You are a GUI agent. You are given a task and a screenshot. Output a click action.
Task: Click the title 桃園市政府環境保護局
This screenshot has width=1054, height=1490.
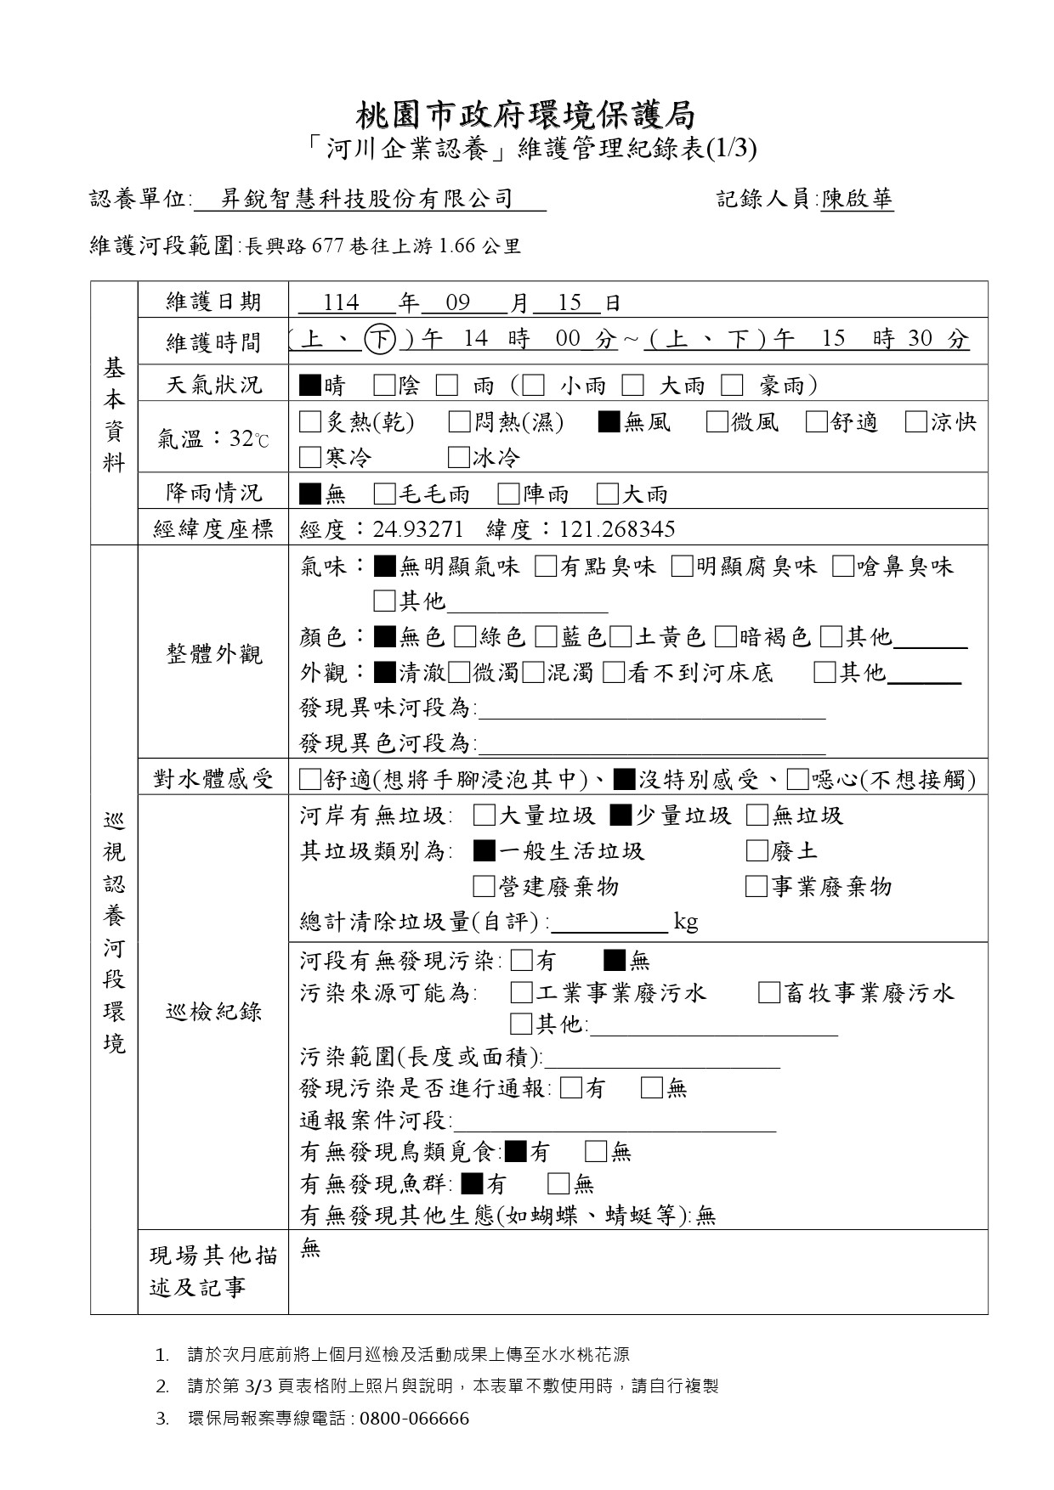tap(526, 115)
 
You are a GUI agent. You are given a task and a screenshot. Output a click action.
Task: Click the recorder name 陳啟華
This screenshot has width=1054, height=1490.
tap(857, 200)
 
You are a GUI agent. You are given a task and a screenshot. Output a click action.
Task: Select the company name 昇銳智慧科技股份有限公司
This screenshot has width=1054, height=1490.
tap(367, 200)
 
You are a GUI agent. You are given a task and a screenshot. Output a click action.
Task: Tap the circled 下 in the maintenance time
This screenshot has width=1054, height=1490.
tap(379, 340)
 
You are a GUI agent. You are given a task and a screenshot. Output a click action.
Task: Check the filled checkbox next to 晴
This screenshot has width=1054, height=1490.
tap(309, 386)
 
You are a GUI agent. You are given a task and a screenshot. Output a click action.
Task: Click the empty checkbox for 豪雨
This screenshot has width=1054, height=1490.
tap(732, 386)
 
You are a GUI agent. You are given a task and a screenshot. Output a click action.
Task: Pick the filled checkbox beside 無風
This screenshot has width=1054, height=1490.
tap(609, 422)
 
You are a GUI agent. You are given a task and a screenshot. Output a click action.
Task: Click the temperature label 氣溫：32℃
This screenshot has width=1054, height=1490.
tap(213, 439)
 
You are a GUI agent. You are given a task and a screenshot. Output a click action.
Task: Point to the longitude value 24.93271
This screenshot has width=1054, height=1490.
tap(418, 530)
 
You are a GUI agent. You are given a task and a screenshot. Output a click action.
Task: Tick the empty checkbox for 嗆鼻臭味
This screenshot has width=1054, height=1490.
tap(842, 567)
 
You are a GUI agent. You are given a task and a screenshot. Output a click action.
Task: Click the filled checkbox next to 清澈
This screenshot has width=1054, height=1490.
tap(384, 674)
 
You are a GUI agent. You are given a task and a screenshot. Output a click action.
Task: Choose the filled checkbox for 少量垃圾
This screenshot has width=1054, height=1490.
tap(620, 816)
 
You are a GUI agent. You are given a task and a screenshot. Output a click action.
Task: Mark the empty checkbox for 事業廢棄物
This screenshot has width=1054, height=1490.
tap(756, 887)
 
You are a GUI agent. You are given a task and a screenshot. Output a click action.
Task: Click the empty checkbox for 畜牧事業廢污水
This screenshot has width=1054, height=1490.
tap(768, 993)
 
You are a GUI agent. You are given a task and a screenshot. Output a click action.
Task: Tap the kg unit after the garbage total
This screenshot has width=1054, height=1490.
tap(685, 922)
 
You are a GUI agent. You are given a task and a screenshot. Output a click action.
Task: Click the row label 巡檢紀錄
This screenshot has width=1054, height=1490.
tap(213, 1012)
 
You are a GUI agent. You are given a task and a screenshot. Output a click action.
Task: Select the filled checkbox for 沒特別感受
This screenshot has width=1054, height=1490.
tap(624, 779)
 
